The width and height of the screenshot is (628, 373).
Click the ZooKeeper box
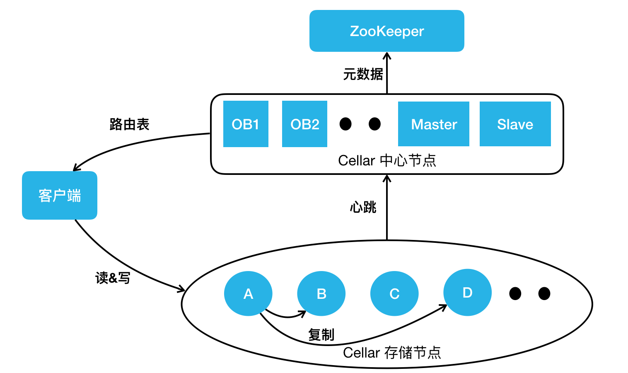coord(386,31)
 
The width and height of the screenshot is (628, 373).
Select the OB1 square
coord(246,124)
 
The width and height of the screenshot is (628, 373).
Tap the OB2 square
coord(304,124)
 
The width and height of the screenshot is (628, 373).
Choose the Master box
coord(433,124)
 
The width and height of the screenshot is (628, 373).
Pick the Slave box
coord(515,124)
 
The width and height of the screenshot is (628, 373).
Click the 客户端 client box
coord(60,195)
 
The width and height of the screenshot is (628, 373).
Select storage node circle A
coord(248,293)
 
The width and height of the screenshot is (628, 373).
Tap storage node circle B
coord(321,293)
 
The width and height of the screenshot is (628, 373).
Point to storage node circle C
coord(394,293)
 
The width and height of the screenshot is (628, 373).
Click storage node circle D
coord(467,292)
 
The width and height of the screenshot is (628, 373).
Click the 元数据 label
coord(363,74)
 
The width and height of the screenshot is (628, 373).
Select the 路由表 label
coord(129,124)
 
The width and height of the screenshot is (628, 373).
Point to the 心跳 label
coord(363,207)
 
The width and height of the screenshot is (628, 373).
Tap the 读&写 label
coord(113,278)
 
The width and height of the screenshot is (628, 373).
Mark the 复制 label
coord(321,334)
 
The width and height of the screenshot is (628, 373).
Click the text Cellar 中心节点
coord(387,160)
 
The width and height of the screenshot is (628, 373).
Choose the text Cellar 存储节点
coord(392,353)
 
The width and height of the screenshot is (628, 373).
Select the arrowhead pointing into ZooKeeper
coord(387,56)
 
